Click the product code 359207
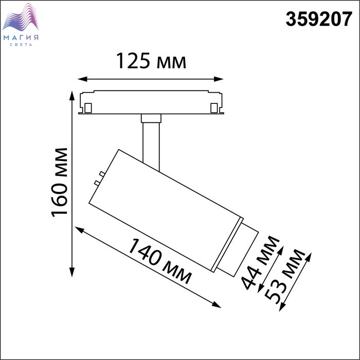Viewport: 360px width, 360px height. click(319, 20)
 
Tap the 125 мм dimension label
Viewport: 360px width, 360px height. click(151, 61)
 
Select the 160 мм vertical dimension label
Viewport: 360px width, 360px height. click(60, 183)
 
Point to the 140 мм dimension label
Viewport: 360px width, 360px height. click(159, 261)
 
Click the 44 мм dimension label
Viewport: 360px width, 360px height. click(260, 262)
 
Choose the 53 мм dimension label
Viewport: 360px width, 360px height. click(285, 277)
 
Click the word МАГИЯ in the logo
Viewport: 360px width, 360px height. click(21, 38)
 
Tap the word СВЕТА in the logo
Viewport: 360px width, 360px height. click(21, 45)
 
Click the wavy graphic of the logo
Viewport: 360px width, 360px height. click(21, 17)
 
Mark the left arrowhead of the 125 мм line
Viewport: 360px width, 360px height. click(83, 79)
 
